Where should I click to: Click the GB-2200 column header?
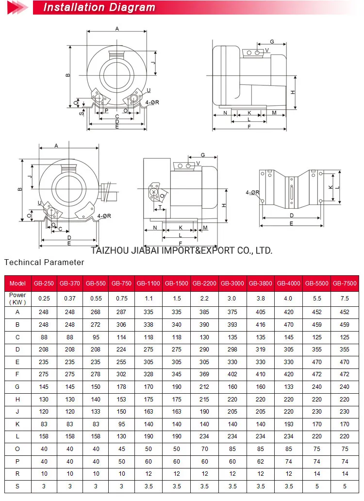pos(204,284)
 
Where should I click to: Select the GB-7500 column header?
pos(345,284)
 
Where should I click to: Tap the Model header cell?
pos(18,284)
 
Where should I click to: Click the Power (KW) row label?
pos(18,298)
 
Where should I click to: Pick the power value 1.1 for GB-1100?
pos(149,298)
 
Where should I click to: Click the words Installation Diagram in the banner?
pos(99,7)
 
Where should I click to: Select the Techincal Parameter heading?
pos(44,263)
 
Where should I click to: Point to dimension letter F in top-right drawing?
pos(249,127)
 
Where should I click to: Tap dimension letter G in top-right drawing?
pos(272,42)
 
